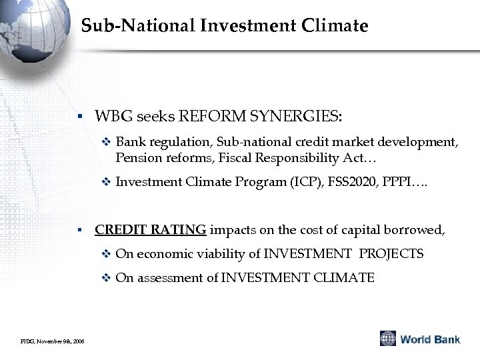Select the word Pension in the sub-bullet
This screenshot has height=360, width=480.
tap(137, 158)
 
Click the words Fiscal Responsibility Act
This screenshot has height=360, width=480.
tap(303, 158)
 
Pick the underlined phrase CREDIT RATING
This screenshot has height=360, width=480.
tap(151, 230)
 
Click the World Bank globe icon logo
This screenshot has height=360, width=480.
tap(387, 338)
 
